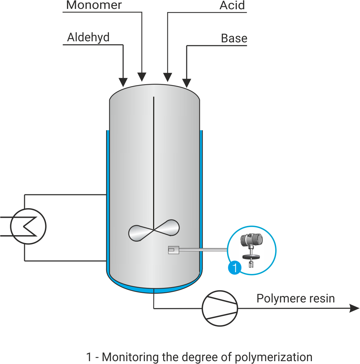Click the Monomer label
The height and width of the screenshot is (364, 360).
tap(94, 5)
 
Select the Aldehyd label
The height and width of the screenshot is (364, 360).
tap(88, 37)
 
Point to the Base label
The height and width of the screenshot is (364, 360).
tap(234, 38)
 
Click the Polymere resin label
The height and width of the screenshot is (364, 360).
tap(296, 298)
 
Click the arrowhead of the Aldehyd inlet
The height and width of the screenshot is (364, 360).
tap(123, 82)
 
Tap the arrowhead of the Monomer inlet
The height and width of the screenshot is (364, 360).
tap(142, 77)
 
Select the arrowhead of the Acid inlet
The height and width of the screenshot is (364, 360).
tap(167, 77)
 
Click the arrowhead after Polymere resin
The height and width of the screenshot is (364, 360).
tap(354, 308)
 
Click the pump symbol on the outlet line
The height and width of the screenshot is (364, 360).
tap(220, 308)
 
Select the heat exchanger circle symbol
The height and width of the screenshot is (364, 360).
tap(28, 226)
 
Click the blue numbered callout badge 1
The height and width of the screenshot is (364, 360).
tap(234, 268)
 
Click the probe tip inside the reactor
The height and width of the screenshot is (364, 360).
tap(173, 250)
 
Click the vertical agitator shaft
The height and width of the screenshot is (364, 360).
tap(153, 160)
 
